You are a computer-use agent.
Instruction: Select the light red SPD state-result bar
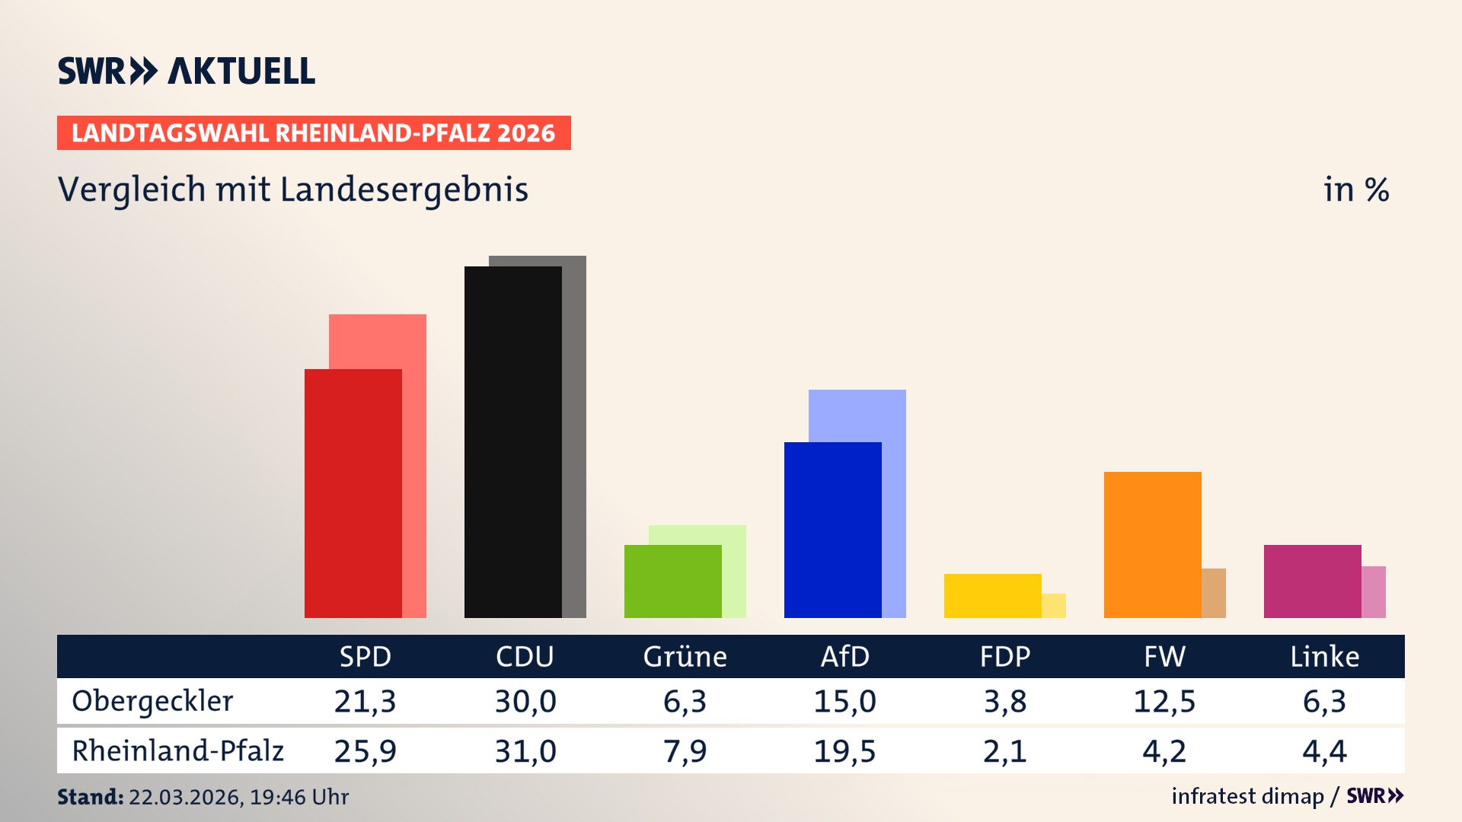pyautogui.click(x=414, y=342)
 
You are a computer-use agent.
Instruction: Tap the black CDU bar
pyautogui.click(x=512, y=441)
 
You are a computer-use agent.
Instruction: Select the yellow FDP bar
pyautogui.click(x=992, y=595)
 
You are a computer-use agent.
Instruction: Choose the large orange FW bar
pyautogui.click(x=1152, y=544)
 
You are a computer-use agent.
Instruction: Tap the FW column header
pyautogui.click(x=1164, y=657)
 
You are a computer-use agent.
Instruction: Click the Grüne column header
pyautogui.click(x=685, y=657)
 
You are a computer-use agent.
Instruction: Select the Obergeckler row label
pyautogui.click(x=152, y=701)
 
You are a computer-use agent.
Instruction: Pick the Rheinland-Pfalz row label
pyautogui.click(x=177, y=751)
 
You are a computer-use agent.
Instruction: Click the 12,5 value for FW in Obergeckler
pyautogui.click(x=1164, y=701)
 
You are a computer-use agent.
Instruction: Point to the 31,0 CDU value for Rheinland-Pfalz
pyautogui.click(x=525, y=751)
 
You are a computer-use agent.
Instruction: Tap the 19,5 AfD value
pyautogui.click(x=844, y=751)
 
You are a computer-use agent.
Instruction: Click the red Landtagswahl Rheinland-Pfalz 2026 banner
pyautogui.click(x=314, y=133)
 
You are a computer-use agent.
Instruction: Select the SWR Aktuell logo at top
pyautogui.click(x=187, y=71)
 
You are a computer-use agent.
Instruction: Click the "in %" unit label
pyautogui.click(x=1355, y=190)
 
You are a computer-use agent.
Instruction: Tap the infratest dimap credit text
pyautogui.click(x=1247, y=796)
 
